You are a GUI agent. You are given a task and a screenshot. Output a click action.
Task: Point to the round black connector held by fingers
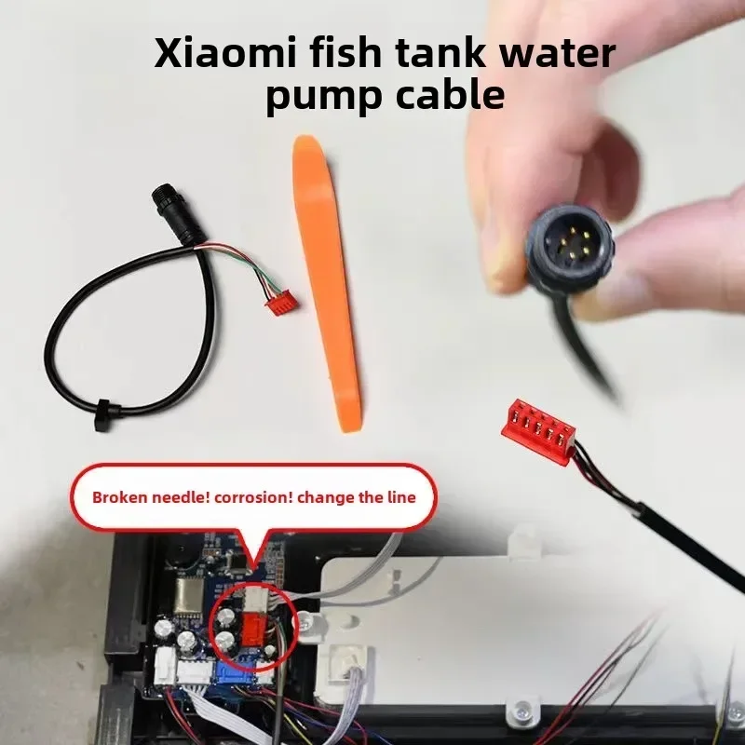(566, 246)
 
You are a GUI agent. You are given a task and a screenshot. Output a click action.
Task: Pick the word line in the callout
(400, 497)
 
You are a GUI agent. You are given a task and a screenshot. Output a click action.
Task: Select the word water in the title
(559, 53)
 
